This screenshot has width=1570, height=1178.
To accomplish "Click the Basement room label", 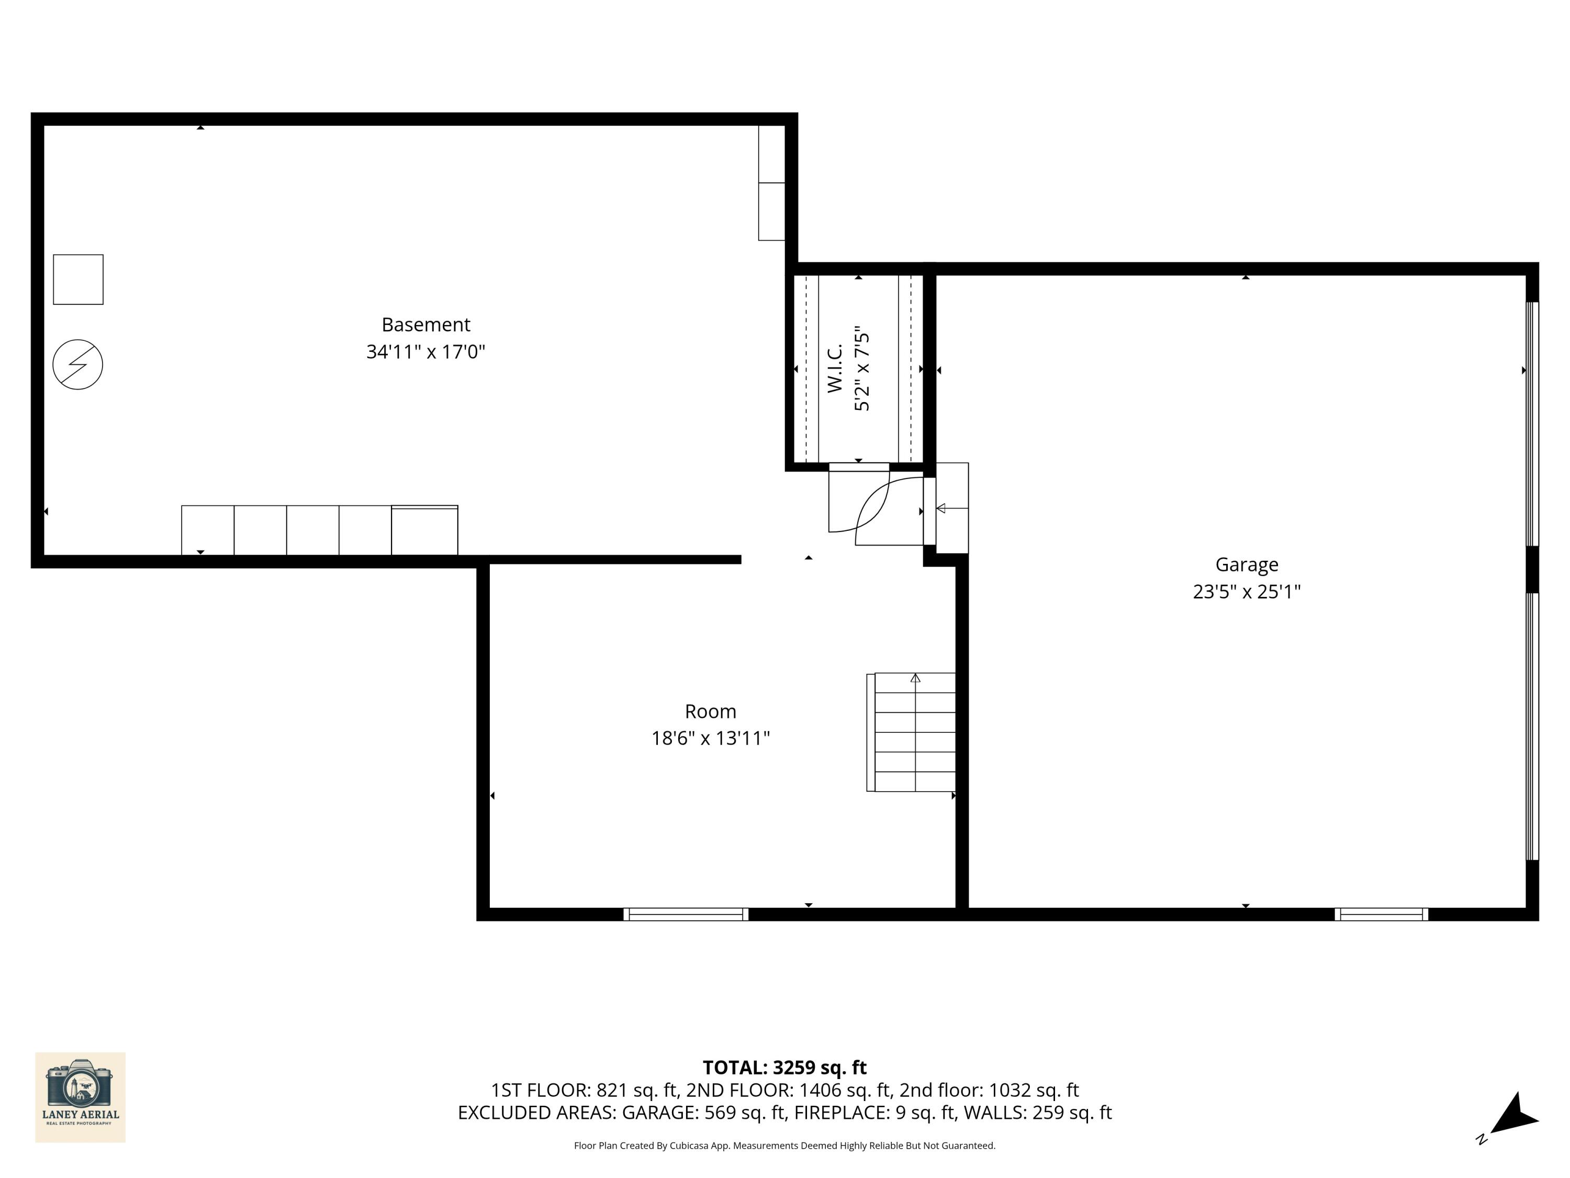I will (x=426, y=325).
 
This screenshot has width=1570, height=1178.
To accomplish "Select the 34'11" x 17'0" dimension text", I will (x=426, y=351).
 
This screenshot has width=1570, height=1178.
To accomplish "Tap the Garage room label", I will (x=1247, y=564).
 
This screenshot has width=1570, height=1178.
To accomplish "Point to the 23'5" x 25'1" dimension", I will (x=1247, y=592).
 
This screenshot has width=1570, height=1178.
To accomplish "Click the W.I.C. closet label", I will (x=835, y=369).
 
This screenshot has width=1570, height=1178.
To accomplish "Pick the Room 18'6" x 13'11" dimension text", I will (x=711, y=738).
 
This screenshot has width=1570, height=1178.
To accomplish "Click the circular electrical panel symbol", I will (x=78, y=364).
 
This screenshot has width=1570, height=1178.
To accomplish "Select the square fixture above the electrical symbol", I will (x=78, y=280).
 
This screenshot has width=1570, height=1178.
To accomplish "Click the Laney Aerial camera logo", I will (x=80, y=1097).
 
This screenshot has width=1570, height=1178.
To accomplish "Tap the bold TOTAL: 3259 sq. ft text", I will (x=784, y=1067).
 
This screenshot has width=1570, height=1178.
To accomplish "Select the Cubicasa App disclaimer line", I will (x=784, y=1146).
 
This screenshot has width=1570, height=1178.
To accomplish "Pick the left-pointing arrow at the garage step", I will (x=941, y=508).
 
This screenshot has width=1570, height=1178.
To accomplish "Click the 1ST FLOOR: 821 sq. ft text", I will (x=584, y=1090).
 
